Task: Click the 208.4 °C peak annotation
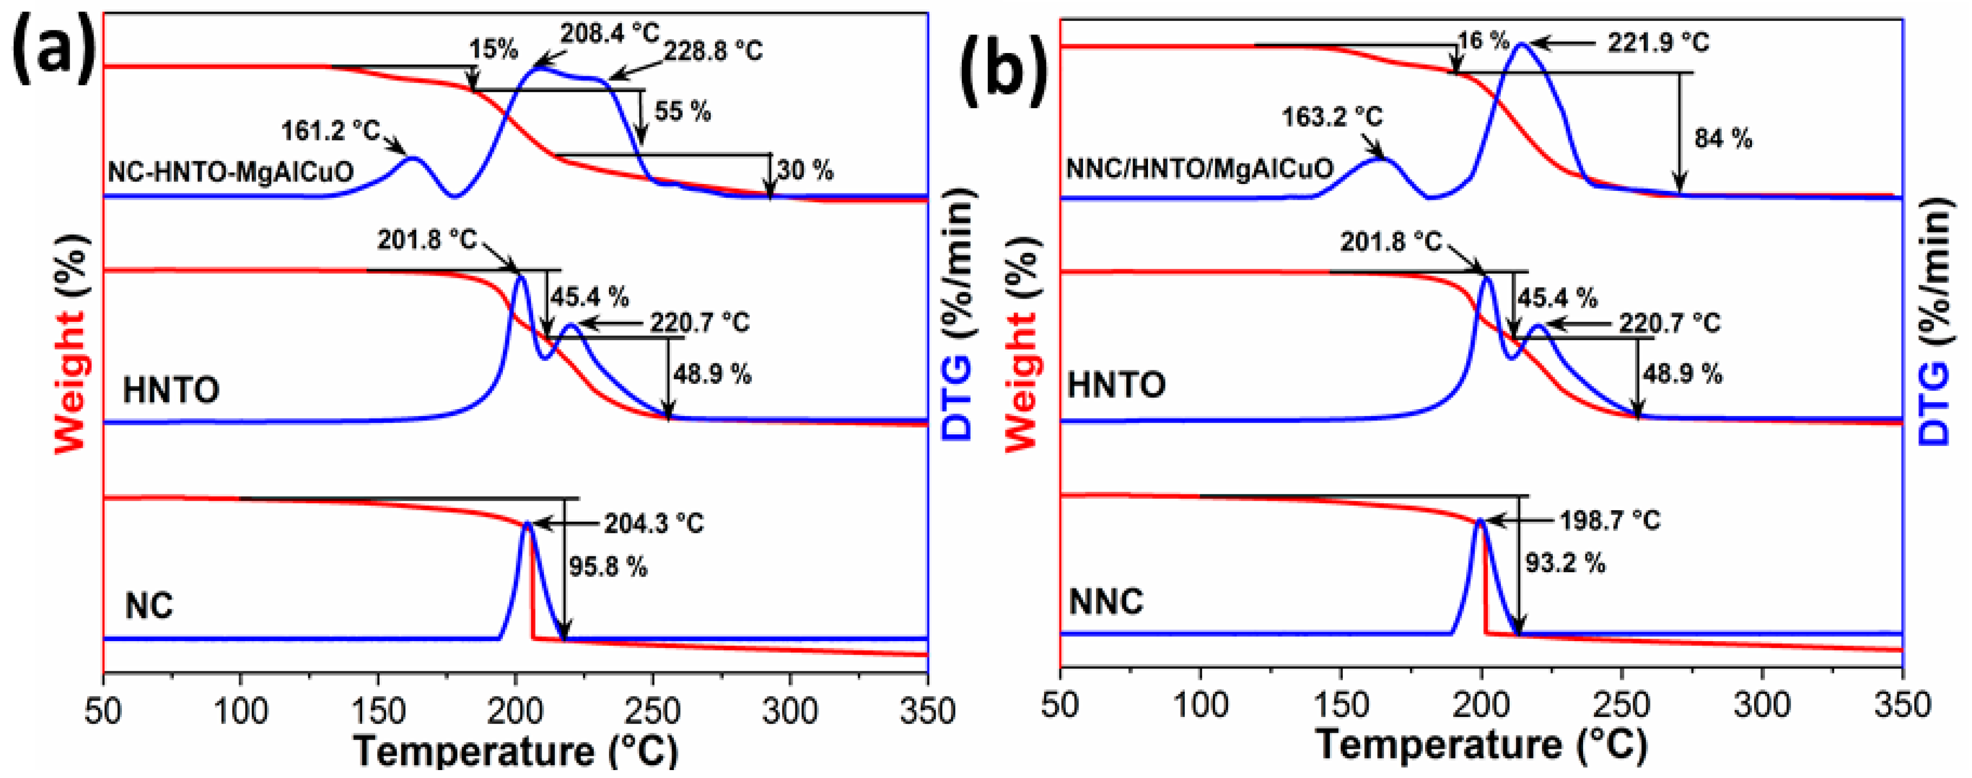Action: point(609,33)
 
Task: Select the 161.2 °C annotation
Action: point(330,131)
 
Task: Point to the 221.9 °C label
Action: point(1658,42)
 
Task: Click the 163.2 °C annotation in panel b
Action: point(1332,117)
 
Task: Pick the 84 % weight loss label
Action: point(1722,139)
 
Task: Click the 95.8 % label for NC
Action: point(608,567)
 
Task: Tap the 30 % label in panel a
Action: point(805,170)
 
